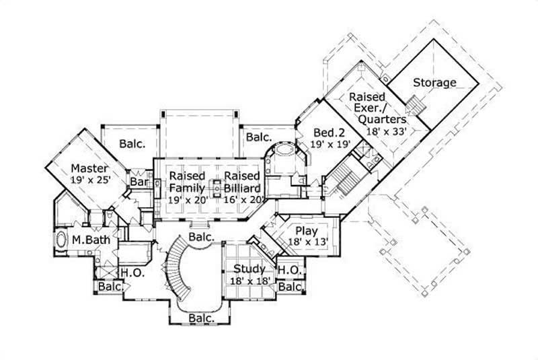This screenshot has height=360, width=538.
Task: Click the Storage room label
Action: tap(434, 83)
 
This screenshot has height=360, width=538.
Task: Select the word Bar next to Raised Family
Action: tap(139, 182)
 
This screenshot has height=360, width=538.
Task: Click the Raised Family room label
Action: tap(186, 181)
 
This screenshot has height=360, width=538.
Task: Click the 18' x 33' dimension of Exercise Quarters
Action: tap(387, 131)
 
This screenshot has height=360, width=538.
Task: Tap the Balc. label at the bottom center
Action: tap(201, 318)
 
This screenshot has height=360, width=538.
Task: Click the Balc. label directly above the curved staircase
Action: tap(201, 238)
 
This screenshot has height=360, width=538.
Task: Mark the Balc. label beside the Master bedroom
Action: tap(132, 143)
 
